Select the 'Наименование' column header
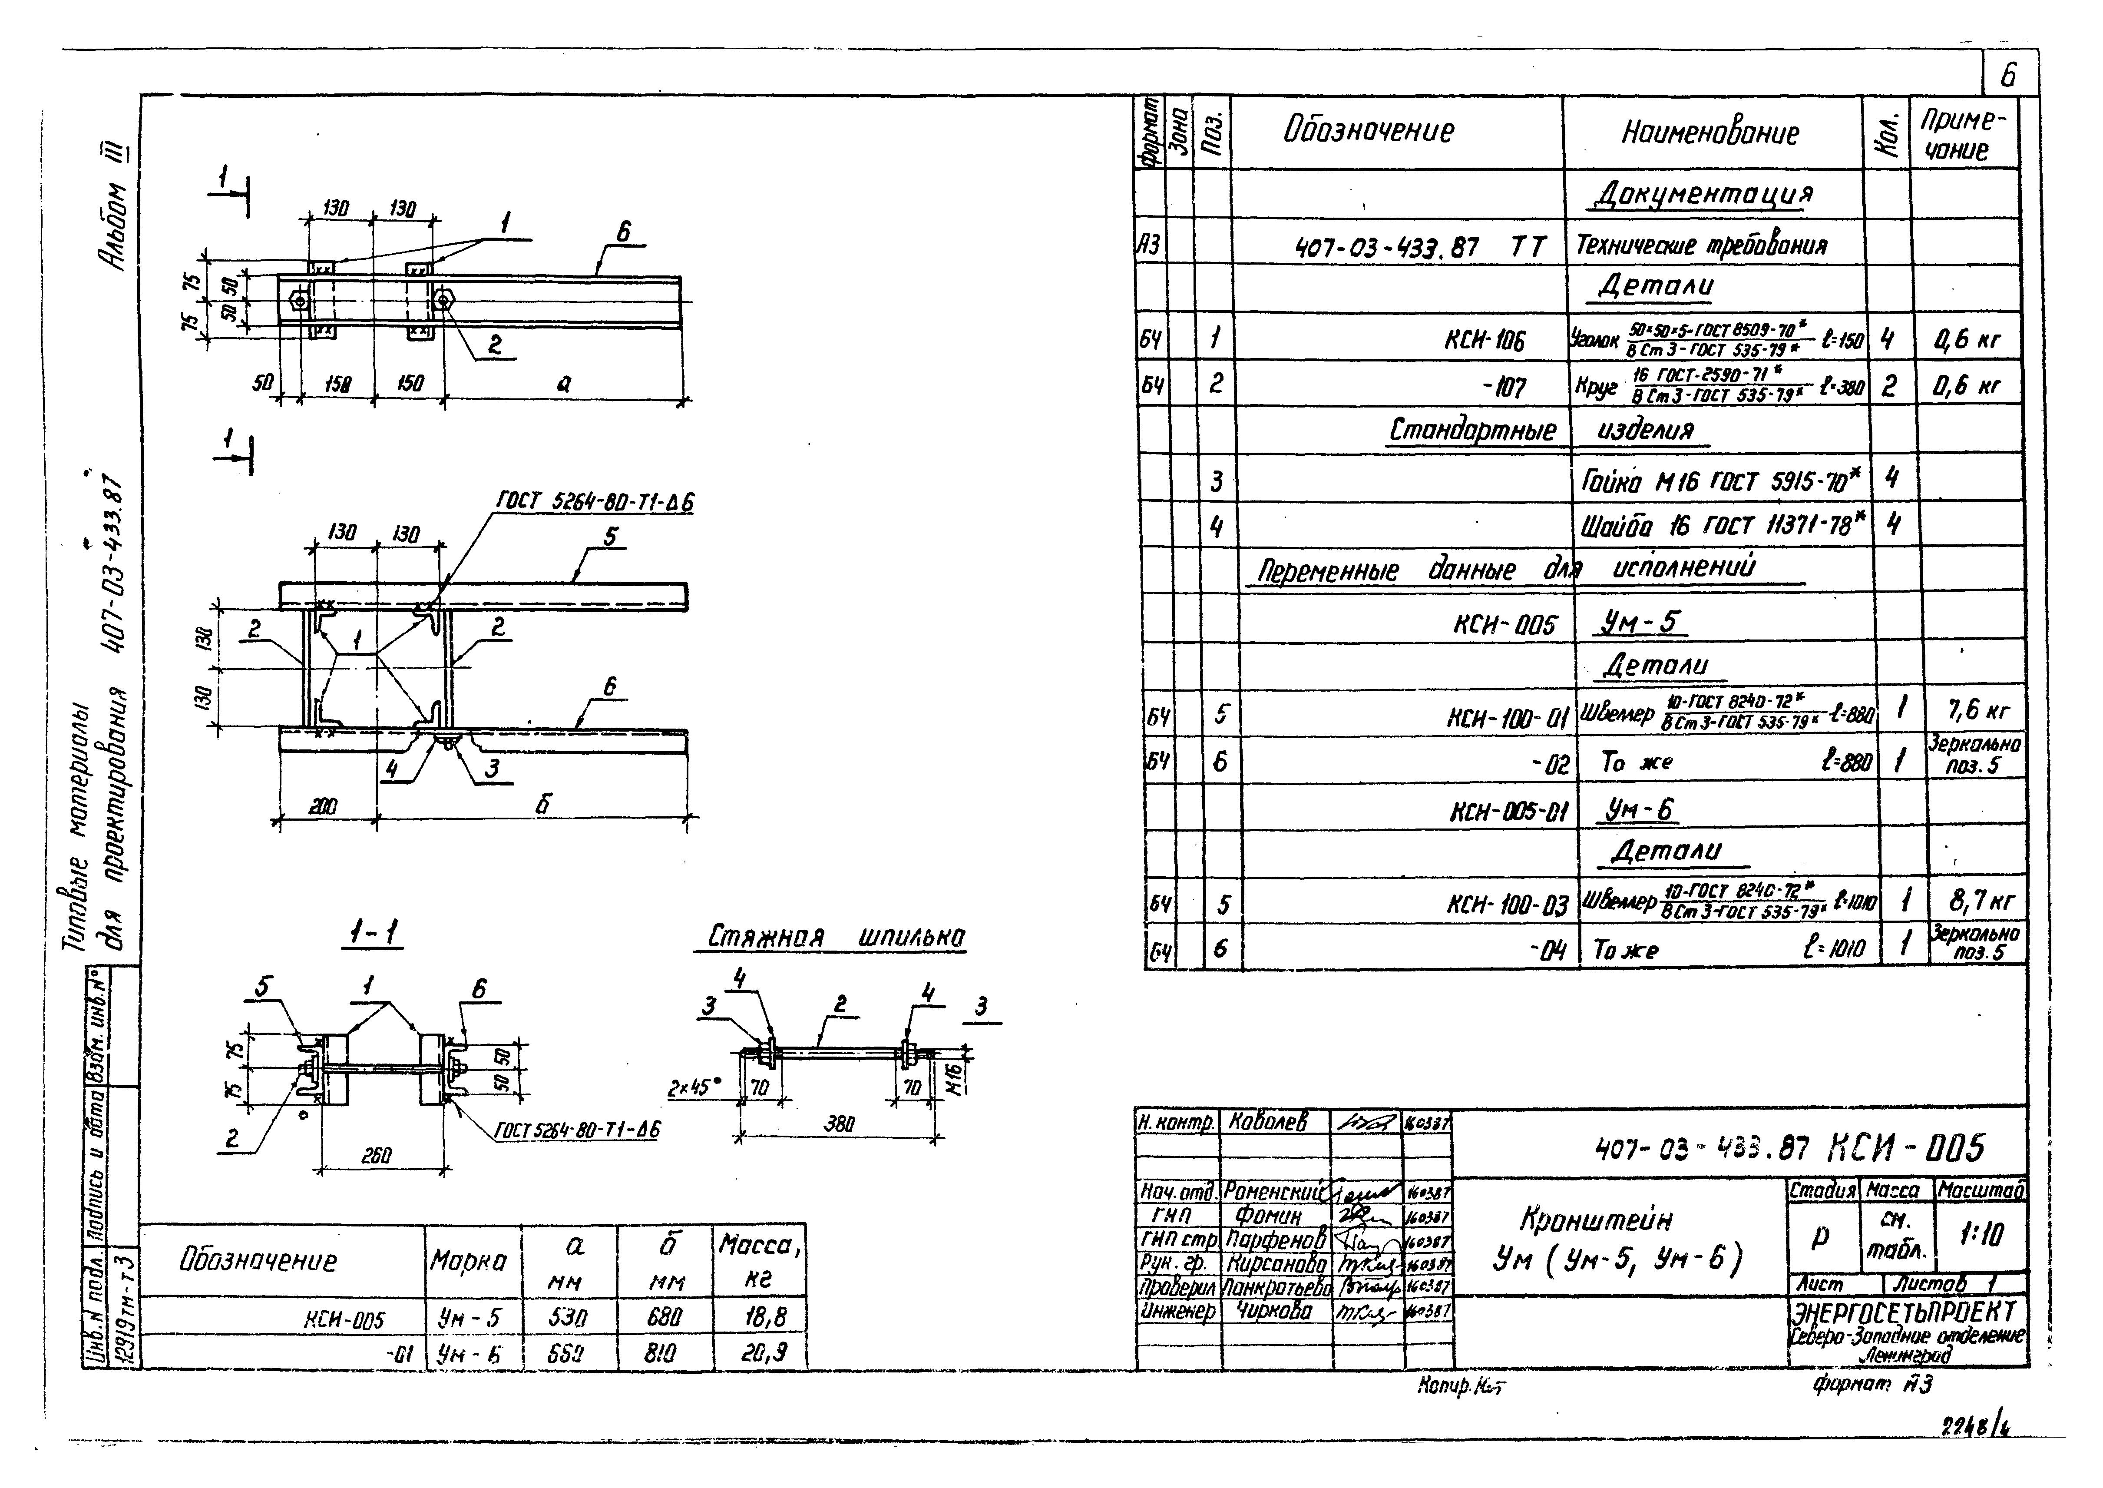[1710, 134]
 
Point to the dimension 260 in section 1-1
[376, 1157]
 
